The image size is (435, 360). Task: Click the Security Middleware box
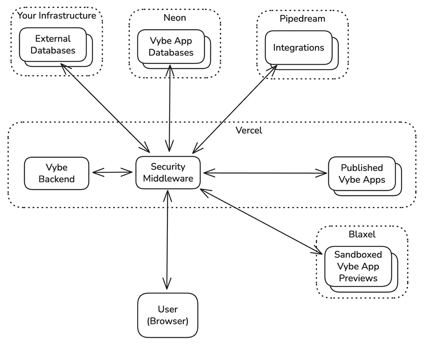coord(168,173)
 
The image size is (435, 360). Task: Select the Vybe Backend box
coord(57,173)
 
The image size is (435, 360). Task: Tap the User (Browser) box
coord(167,315)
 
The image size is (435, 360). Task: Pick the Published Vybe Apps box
coord(361,174)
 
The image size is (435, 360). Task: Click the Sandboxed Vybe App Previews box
coord(358,266)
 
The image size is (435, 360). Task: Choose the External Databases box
coord(53,44)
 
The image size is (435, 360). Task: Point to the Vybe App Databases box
coord(171,47)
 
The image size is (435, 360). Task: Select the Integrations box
coord(298,48)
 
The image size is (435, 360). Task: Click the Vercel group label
coord(248,131)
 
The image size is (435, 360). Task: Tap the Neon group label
coord(174,18)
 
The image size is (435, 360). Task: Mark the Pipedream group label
coord(302,19)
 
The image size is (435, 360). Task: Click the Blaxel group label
coord(361,234)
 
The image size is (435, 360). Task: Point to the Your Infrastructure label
coord(57,16)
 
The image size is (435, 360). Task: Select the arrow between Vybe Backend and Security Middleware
coord(112,172)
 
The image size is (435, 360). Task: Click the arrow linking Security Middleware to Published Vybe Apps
coord(265,172)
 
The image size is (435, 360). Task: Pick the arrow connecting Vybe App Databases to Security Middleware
coord(170,108)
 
